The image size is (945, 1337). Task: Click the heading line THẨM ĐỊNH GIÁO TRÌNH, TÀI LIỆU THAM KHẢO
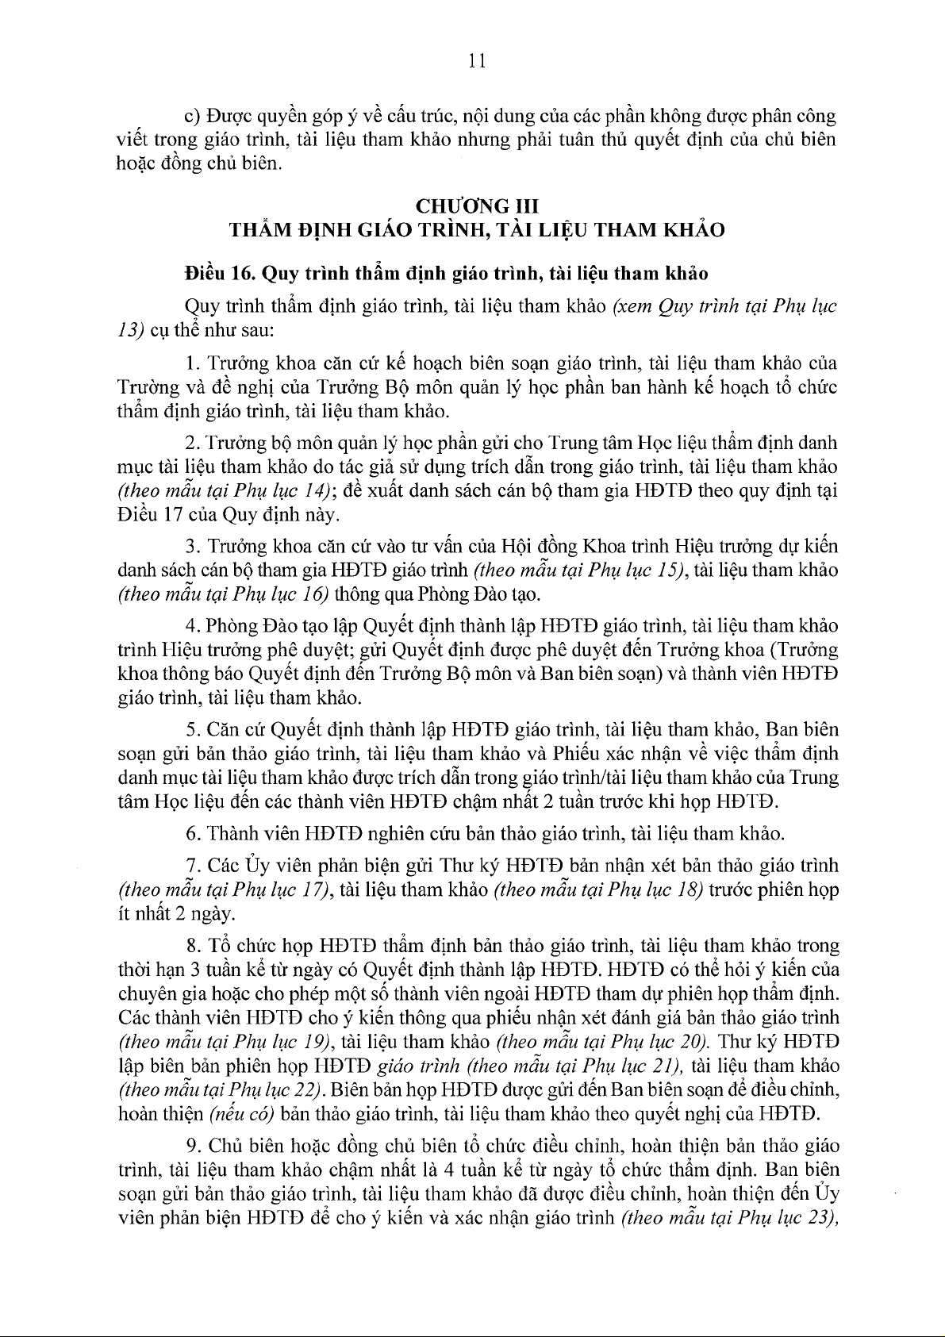(x=477, y=231)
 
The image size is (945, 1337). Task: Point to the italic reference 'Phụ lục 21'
(x=640, y=1065)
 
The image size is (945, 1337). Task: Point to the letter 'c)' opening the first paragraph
(x=191, y=117)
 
